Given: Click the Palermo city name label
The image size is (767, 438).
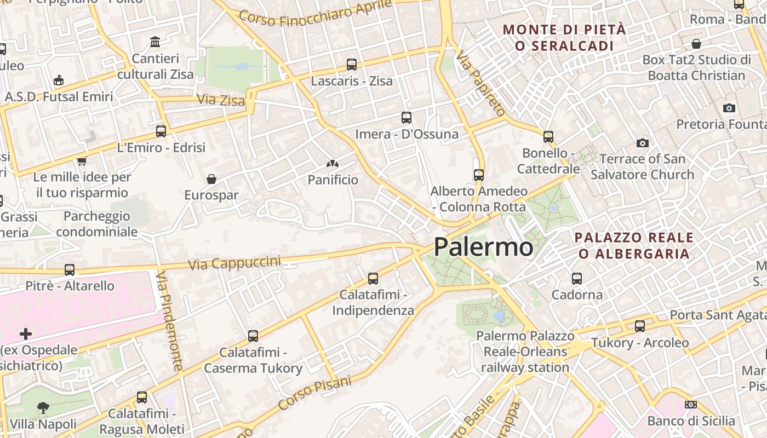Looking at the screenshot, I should pos(483,247).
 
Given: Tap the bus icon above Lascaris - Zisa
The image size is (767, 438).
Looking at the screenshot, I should pos(352,65).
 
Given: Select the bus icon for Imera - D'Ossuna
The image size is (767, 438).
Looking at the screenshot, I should pos(406,117).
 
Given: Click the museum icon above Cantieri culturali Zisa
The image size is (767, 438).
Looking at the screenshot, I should pos(155,42).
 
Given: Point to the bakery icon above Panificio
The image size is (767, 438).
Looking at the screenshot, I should pos(332,163).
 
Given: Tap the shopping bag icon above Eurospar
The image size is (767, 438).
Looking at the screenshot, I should pos(211,178).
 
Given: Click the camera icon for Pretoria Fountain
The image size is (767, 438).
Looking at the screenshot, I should pos(729,108).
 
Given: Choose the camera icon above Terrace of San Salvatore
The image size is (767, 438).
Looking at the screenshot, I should pos(643,143).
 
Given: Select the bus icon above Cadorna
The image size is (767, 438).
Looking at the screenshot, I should pos(577,278).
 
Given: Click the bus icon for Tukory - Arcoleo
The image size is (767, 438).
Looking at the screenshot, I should pos(640,326).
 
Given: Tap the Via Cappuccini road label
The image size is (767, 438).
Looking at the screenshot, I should pos(234,263).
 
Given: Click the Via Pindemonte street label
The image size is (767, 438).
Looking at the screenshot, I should pos(170,320).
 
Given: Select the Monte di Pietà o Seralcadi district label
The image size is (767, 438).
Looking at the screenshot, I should pos(564,37).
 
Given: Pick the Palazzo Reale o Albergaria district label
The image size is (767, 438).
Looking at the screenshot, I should pos(634,245).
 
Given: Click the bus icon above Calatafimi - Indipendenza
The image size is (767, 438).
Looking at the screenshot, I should pos(373,278).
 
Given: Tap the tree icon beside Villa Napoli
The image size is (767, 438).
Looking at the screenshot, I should pos(43,407).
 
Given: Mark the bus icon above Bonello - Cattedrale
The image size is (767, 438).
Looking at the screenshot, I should pos(548,136).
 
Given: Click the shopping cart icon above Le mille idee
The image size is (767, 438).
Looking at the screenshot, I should pos(82,161).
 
